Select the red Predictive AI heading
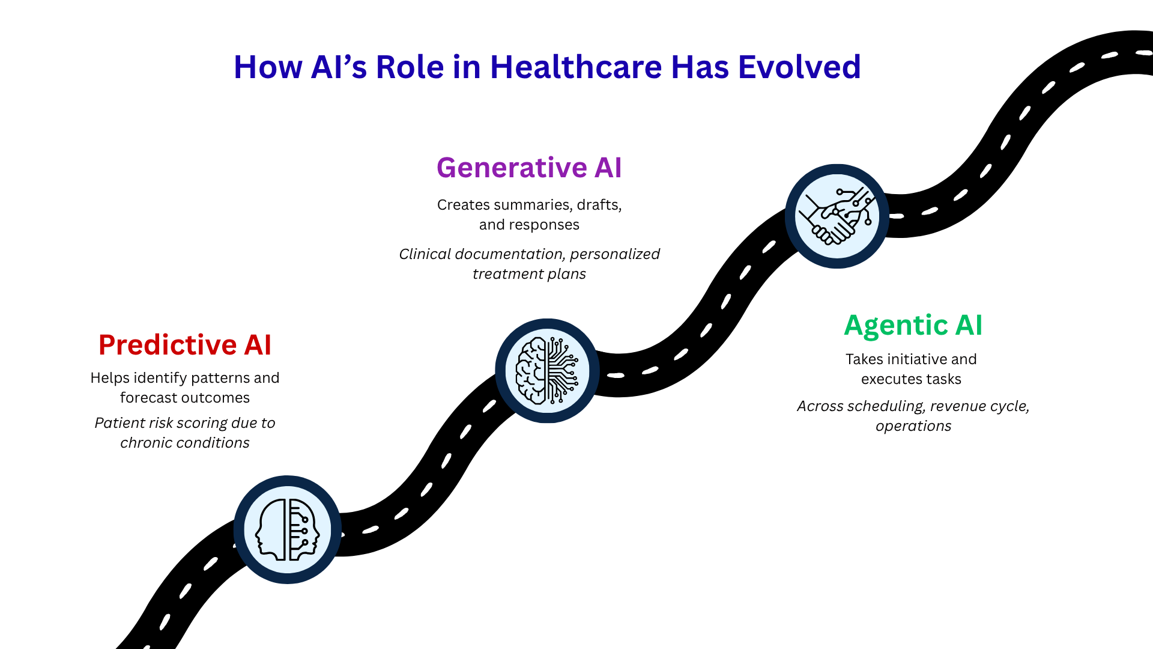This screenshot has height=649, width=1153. (185, 345)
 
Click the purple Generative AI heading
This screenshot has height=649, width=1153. (529, 168)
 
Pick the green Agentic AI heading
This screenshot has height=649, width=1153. (913, 326)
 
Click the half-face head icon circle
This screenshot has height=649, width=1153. (288, 529)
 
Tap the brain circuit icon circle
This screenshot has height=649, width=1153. (547, 370)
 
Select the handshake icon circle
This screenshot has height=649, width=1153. (837, 216)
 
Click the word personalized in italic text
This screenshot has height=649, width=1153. (614, 254)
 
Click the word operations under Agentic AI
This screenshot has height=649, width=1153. (913, 426)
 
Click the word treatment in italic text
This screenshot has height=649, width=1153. (501, 274)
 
